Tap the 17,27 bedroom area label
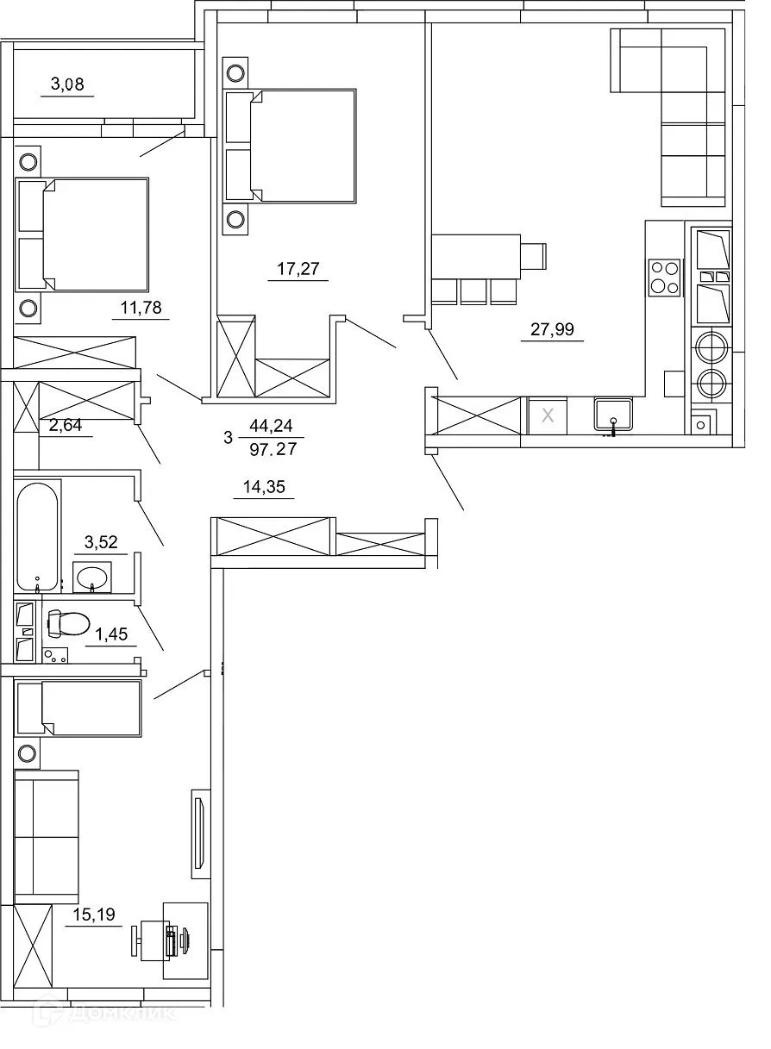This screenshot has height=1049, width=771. coord(298,269)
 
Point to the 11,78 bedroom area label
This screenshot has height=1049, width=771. coord(140,307)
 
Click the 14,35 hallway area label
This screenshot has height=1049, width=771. coord(265,488)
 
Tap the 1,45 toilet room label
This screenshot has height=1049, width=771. coord(111,635)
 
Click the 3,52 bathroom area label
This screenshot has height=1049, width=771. coord(100,542)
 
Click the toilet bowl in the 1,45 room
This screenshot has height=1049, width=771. coord(68,622)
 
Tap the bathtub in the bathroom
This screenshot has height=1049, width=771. coord(38,535)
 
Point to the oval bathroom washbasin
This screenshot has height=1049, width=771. coord(91,577)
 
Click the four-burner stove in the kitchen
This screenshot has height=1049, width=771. coord(664,278)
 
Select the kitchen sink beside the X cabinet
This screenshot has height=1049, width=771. coord(613,415)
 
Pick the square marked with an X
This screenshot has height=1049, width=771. coord(546,415)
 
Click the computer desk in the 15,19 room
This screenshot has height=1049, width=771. coord(185,940)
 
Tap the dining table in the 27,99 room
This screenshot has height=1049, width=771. coord(477,256)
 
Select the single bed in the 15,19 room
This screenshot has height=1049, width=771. coord(78,709)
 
